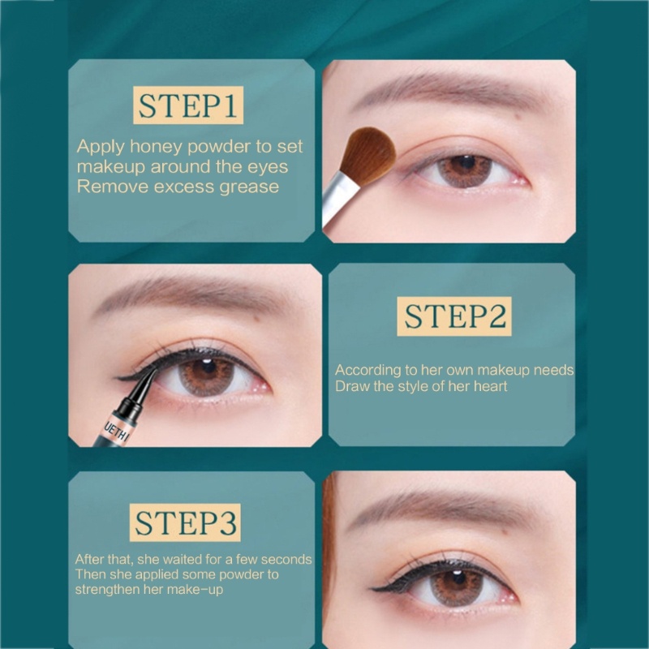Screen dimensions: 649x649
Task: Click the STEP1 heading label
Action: [188, 105]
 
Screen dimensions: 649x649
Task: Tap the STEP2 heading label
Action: [454, 316]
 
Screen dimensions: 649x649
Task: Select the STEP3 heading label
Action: [185, 522]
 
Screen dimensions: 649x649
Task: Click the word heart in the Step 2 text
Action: [491, 386]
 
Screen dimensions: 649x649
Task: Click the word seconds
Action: [286, 560]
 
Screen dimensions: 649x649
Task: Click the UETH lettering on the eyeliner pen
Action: [114, 431]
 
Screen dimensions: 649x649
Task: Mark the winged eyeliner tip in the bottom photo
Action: [373, 588]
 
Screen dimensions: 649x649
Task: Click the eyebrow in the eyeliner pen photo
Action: [191, 293]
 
